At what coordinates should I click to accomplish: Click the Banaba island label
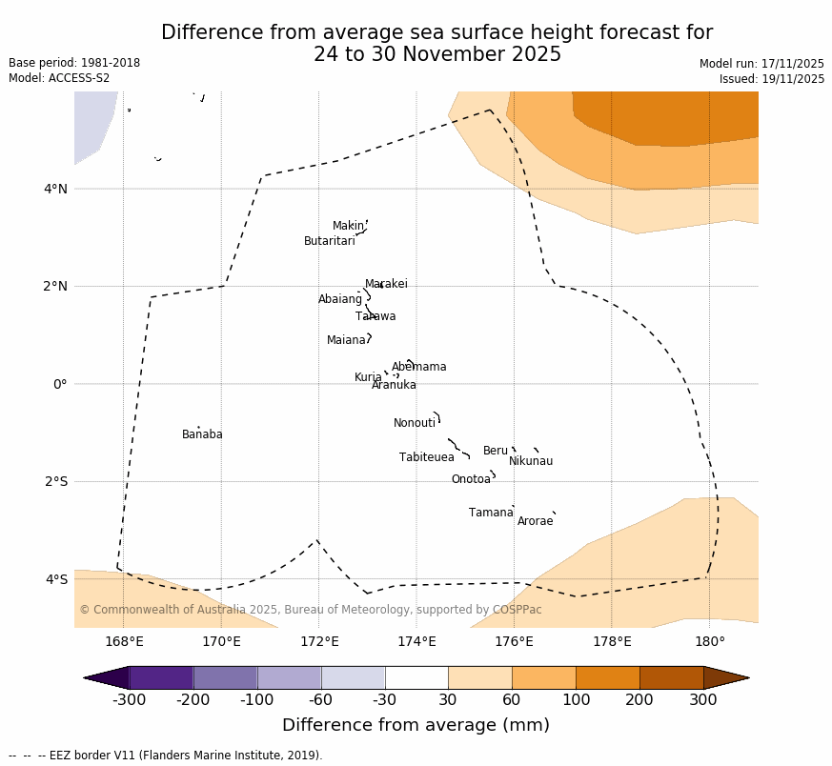(x=202, y=435)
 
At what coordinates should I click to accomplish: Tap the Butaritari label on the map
(x=329, y=242)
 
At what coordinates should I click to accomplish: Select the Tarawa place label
(x=375, y=317)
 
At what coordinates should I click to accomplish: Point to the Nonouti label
(x=415, y=424)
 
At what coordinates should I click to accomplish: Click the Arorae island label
(x=535, y=522)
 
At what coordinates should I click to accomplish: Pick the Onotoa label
(x=471, y=480)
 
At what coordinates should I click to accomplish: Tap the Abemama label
(x=418, y=368)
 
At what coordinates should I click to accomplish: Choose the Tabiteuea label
(x=426, y=458)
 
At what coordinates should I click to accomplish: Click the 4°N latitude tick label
(x=55, y=189)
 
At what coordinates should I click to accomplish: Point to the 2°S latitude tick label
(x=55, y=482)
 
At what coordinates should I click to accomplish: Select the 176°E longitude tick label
(x=514, y=642)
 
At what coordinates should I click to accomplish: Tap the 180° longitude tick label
(x=709, y=642)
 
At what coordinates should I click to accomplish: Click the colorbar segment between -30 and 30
(x=416, y=677)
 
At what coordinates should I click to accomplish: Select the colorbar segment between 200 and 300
(x=671, y=677)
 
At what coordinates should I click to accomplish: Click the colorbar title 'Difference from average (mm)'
(x=416, y=726)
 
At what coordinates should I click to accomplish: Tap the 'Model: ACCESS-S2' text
(x=59, y=79)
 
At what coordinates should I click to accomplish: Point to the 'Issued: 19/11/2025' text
(x=772, y=80)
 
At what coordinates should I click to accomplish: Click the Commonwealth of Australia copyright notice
(x=310, y=611)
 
